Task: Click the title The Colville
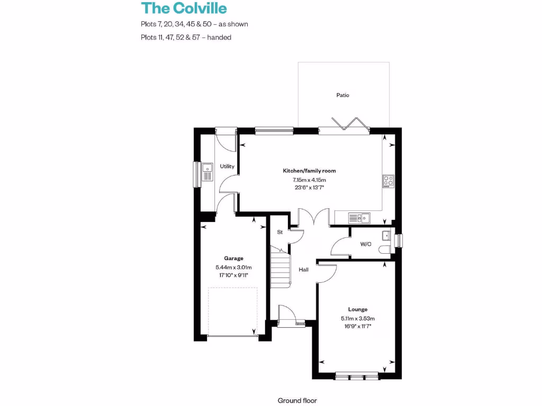(x=183, y=8)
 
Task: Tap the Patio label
(x=343, y=95)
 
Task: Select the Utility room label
(x=227, y=167)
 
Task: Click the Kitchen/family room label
(x=309, y=171)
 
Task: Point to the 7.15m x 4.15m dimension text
(x=309, y=180)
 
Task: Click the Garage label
(x=233, y=259)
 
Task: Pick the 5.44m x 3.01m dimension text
(x=233, y=267)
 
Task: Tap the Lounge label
(x=358, y=309)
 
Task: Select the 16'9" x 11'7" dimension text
(x=358, y=327)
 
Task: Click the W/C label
(x=365, y=244)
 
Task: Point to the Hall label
(x=303, y=270)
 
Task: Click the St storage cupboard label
(x=280, y=232)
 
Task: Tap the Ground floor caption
(x=297, y=401)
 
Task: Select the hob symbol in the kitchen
(x=388, y=181)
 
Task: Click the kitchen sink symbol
(x=359, y=217)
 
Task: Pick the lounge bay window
(x=357, y=376)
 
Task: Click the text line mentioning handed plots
(x=186, y=38)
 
